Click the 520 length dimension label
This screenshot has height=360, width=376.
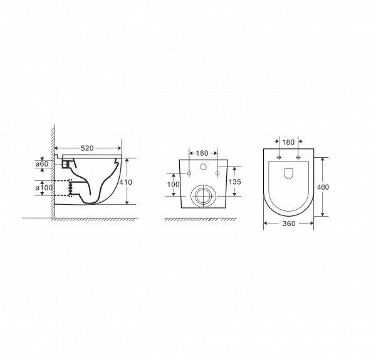pyautogui.click(x=87, y=148)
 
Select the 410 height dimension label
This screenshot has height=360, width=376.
pyautogui.click(x=126, y=182)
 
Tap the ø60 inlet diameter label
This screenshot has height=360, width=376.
pyautogui.click(x=42, y=164)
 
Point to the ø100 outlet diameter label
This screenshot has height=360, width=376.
pyautogui.click(x=44, y=188)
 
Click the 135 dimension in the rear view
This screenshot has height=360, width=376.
pyautogui.click(x=234, y=182)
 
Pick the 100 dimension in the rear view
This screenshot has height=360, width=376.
pyautogui.click(x=173, y=184)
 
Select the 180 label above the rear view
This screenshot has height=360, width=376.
pyautogui.click(x=202, y=153)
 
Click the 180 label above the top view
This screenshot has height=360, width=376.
pyautogui.click(x=288, y=142)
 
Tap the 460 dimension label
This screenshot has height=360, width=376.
pyautogui.click(x=323, y=187)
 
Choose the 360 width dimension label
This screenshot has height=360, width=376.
pyautogui.click(x=289, y=224)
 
